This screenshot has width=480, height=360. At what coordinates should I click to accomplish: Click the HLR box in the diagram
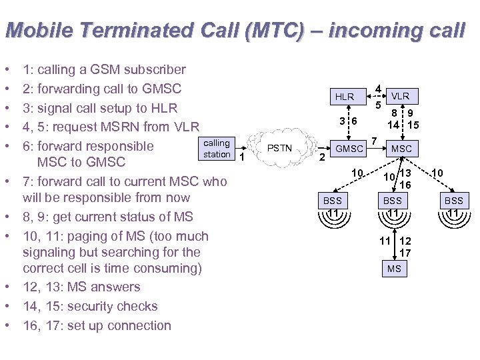click(x=345, y=97)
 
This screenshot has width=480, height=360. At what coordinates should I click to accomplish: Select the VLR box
click(x=400, y=96)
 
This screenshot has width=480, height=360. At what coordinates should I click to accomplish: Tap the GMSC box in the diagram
click(x=349, y=149)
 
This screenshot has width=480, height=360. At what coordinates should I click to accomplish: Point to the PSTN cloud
click(x=280, y=147)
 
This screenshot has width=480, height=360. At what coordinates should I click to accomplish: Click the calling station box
click(x=217, y=149)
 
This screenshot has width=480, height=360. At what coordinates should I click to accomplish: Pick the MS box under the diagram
click(x=393, y=269)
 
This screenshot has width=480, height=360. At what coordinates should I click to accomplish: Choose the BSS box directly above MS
click(x=393, y=200)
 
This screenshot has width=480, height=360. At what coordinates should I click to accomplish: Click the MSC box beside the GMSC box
click(x=401, y=149)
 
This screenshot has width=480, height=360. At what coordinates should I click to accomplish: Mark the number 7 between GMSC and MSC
click(x=375, y=141)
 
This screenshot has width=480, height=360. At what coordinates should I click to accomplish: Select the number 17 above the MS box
click(x=405, y=253)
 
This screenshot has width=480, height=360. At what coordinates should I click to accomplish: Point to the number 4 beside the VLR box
click(x=378, y=88)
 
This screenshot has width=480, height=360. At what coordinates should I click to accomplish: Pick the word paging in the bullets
click(x=86, y=236)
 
